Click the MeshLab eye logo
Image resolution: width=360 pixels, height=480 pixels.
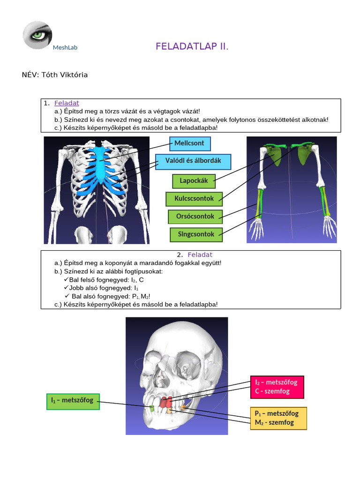pyautogui.click(x=37, y=35)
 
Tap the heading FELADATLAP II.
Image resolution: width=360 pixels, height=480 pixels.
pyautogui.click(x=192, y=47)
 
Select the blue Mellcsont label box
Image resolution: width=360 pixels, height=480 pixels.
pyautogui.click(x=189, y=143)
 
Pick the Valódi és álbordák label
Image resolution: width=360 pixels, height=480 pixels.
pyautogui.click(x=193, y=161)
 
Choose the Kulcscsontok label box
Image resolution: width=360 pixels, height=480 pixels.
pyautogui.click(x=194, y=199)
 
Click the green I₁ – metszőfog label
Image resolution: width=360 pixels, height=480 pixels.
pyautogui.click(x=73, y=400)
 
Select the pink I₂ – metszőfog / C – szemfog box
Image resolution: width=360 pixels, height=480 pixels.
pyautogui.click(x=277, y=387)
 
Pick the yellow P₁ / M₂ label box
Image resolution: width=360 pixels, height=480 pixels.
pyautogui.click(x=278, y=418)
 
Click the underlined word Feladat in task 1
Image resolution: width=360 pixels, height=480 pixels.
pyautogui.click(x=67, y=103)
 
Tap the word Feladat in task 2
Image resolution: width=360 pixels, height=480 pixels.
pyautogui.click(x=200, y=255)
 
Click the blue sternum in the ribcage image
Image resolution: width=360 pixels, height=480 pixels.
pyautogui.click(x=100, y=164)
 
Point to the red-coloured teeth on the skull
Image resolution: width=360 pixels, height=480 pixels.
pyautogui.click(x=165, y=402)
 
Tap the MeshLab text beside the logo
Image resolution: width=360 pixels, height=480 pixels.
pyautogui.click(x=65, y=47)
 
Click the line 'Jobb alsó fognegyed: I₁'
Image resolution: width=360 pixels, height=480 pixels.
pyautogui.click(x=104, y=288)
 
